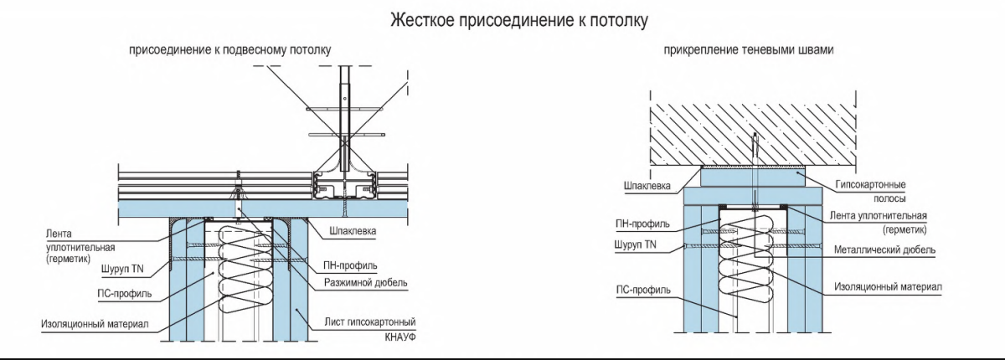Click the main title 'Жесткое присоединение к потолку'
519,20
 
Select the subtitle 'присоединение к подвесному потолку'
229,51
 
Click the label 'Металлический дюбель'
885,249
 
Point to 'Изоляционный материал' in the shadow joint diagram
888,286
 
